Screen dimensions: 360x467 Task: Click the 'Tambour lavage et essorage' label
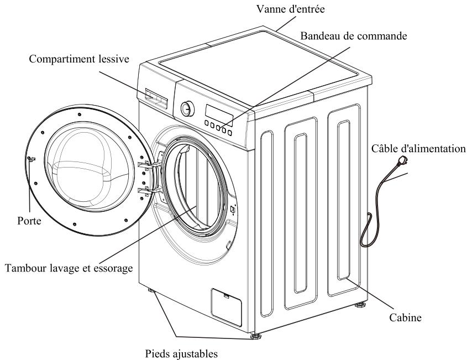click(68, 268)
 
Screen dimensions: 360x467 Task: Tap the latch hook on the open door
click(32, 159)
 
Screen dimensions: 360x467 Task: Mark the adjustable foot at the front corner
click(255, 335)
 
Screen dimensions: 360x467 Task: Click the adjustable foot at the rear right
click(362, 304)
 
